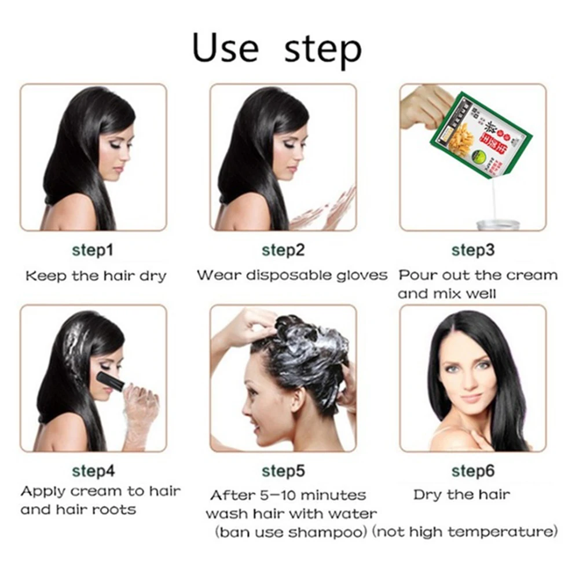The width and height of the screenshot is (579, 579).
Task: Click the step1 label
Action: tap(93, 250)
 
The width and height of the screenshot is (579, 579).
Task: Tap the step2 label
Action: tap(283, 250)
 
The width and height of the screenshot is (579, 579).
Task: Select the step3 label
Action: tap(472, 250)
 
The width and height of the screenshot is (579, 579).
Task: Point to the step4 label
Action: tap(93, 470)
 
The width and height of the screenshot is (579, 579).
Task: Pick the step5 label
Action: tap(283, 471)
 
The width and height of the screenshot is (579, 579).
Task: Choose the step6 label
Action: tap(472, 471)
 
